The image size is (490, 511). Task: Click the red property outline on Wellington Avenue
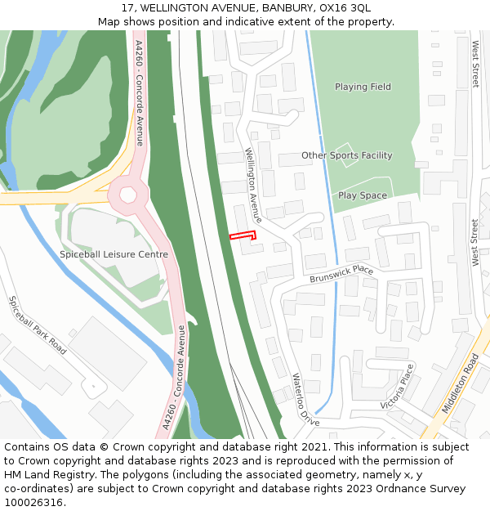click(243, 235)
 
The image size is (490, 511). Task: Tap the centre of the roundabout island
click(128, 195)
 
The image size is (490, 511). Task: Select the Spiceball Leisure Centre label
click(114, 254)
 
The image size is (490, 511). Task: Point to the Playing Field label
click(363, 87)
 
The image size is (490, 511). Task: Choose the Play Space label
click(363, 195)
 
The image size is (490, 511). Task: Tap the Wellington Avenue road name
click(254, 186)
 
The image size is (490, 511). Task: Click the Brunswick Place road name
click(341, 275)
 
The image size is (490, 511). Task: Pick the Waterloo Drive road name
click(305, 400)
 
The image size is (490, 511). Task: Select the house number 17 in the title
click(128, 7)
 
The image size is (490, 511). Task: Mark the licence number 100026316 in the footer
click(34, 502)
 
